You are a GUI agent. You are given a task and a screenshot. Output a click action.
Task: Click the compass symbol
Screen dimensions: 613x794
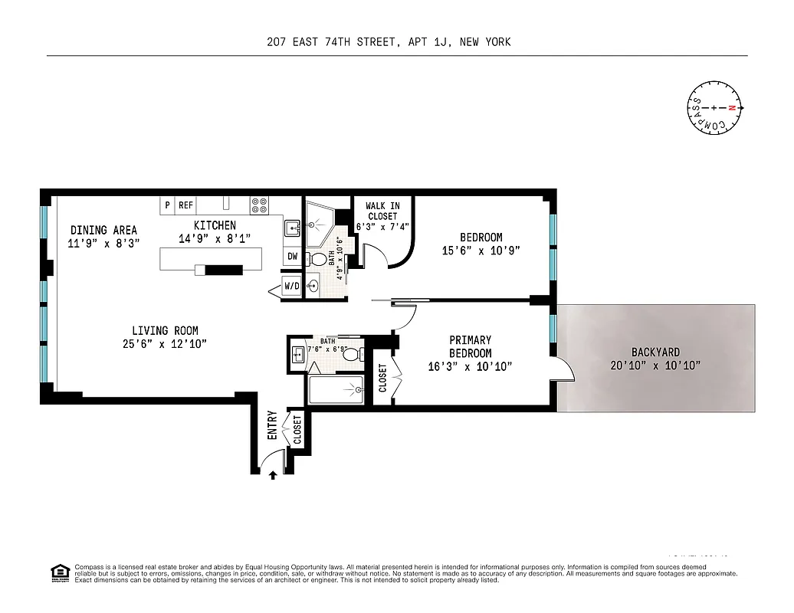pyautogui.click(x=714, y=108)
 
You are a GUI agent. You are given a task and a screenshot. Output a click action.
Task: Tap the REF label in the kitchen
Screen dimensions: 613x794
pyautogui.click(x=185, y=205)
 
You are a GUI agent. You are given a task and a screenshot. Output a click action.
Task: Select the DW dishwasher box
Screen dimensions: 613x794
pyautogui.click(x=292, y=257)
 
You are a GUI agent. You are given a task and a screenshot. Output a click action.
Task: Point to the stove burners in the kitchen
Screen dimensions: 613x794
pyautogui.click(x=259, y=205)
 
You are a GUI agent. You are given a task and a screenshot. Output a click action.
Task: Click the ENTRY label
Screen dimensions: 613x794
pyautogui.click(x=272, y=425)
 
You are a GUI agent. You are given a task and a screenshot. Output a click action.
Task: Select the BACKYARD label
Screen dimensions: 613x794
pyautogui.click(x=656, y=352)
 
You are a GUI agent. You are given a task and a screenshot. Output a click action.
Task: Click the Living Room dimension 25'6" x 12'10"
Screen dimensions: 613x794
pyautogui.click(x=163, y=343)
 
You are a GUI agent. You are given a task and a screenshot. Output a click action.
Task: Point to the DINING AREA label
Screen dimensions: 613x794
pyautogui.click(x=103, y=230)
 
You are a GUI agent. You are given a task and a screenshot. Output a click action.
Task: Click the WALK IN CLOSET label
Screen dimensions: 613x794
pyautogui.click(x=382, y=211)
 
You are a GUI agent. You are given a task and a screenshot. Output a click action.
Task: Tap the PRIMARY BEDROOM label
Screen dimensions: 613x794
pyautogui.click(x=471, y=346)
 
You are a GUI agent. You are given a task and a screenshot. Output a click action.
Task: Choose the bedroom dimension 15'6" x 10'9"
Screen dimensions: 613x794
pyautogui.click(x=481, y=251)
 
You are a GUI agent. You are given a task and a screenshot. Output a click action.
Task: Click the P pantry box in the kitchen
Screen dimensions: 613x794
pyautogui.click(x=166, y=205)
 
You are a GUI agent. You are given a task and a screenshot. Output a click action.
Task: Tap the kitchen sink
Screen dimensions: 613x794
pyautogui.click(x=291, y=228)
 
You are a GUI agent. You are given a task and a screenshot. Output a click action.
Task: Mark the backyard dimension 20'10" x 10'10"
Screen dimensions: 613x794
pyautogui.click(x=656, y=365)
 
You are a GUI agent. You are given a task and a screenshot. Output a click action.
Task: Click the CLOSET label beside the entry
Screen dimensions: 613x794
pyautogui.click(x=297, y=431)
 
